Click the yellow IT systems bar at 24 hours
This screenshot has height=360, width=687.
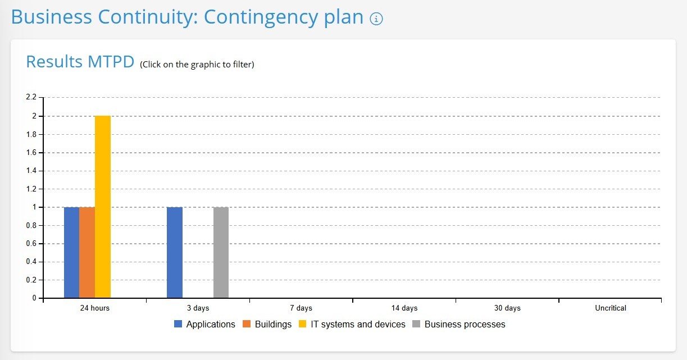click(x=103, y=207)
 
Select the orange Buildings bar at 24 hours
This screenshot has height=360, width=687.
click(x=87, y=252)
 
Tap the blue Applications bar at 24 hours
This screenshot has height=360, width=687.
click(x=71, y=252)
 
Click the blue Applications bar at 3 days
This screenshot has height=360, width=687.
click(x=175, y=252)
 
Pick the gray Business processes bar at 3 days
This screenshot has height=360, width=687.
click(x=221, y=252)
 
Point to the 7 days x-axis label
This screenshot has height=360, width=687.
click(x=301, y=308)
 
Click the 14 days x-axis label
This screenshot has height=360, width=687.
click(x=404, y=308)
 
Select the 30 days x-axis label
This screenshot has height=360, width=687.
click(x=507, y=308)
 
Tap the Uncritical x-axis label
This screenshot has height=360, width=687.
click(x=611, y=308)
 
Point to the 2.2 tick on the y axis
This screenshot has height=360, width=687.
click(x=31, y=98)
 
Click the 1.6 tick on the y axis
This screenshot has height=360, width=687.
click(x=31, y=152)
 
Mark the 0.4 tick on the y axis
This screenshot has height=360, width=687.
click(x=31, y=262)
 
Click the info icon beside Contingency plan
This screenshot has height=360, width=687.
click(x=376, y=19)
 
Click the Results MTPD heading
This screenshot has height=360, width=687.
click(x=80, y=62)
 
